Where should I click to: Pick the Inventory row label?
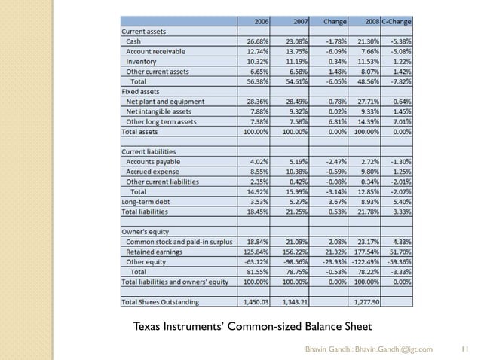pos(142,60)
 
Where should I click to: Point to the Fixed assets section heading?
pos(141,90)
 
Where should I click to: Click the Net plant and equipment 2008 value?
pos(367,100)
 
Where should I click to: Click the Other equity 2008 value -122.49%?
pos(364,260)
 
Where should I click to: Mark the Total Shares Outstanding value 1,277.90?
pos(365,301)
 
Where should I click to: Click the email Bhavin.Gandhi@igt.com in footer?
pos(397,349)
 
